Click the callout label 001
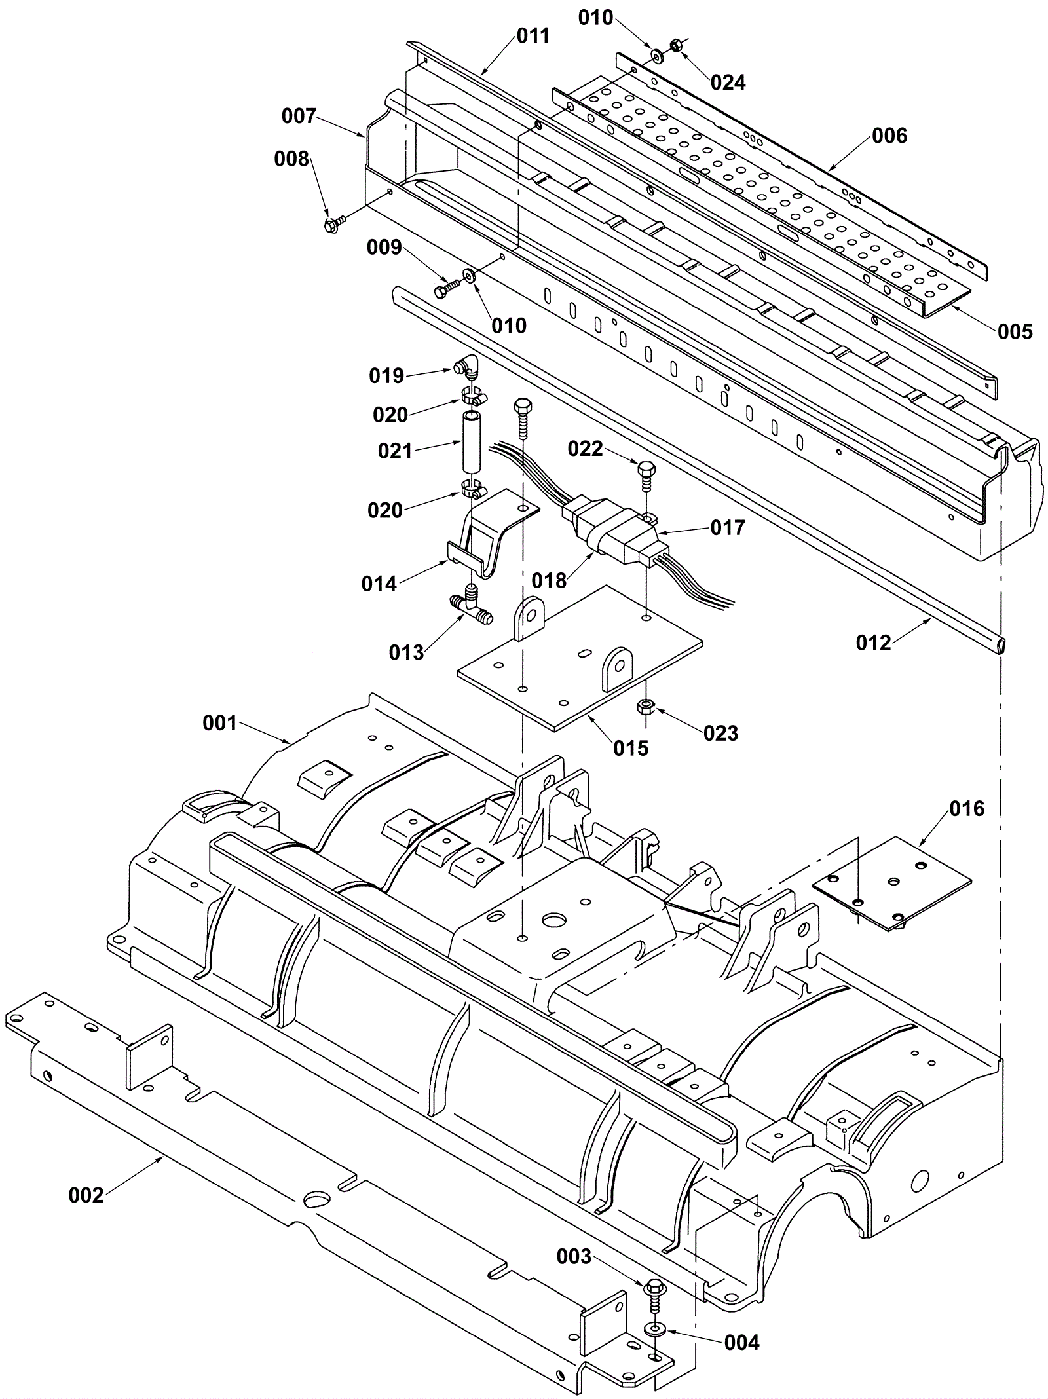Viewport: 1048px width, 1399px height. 219,723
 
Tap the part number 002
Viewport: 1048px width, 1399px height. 86,1196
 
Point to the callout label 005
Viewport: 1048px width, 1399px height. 1015,331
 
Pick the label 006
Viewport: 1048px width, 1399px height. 889,136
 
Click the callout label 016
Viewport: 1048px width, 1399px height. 967,808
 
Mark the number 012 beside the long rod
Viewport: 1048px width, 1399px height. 874,643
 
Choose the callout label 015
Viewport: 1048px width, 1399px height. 631,748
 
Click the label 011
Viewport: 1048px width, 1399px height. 533,35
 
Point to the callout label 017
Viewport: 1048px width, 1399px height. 728,527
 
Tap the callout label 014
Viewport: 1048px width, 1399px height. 379,584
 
